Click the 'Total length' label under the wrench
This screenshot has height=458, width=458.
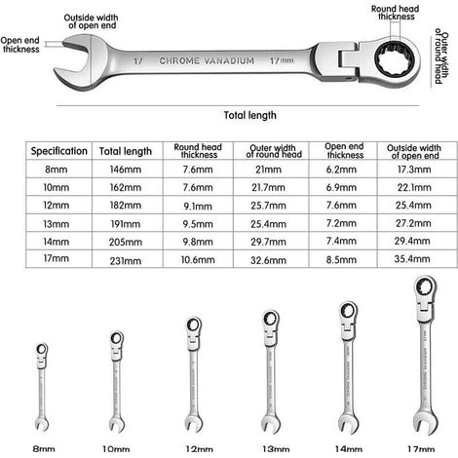[249, 115]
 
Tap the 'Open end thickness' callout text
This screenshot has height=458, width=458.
[20, 45]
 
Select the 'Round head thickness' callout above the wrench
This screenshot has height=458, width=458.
[396, 13]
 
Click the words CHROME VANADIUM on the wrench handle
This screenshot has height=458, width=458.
[207, 60]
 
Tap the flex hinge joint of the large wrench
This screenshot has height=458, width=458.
[348, 60]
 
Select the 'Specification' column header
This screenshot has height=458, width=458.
[59, 151]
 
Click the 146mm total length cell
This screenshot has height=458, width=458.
[126, 170]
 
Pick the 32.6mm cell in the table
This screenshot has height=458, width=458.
[268, 260]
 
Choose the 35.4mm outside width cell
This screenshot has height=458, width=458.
[412, 259]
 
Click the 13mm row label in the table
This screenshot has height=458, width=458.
[57, 224]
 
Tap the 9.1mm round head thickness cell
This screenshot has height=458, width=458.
[198, 206]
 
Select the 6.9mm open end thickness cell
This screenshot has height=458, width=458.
[341, 187]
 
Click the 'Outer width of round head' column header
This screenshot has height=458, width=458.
[273, 151]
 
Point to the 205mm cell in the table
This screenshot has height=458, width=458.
[126, 242]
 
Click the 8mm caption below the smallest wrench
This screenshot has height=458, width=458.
[44, 449]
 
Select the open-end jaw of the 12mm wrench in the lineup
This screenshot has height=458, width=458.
[194, 424]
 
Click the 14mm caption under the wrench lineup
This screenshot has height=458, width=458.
[349, 449]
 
